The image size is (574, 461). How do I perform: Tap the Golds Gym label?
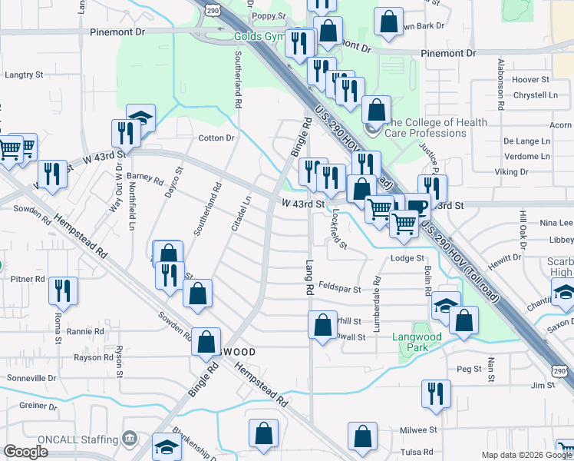pyautogui.click(x=261, y=36)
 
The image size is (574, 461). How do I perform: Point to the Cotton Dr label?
pyautogui.click(x=216, y=138)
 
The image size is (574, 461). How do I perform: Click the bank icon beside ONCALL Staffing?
pyautogui.click(x=130, y=440)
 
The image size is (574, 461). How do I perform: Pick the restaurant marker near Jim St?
pyautogui.click(x=435, y=393)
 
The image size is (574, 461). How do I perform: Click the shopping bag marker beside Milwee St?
pyautogui.click(x=362, y=435)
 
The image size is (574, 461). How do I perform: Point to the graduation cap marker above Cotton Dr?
pyautogui.click(x=141, y=118)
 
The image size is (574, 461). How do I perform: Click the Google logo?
pyautogui.click(x=25, y=452)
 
